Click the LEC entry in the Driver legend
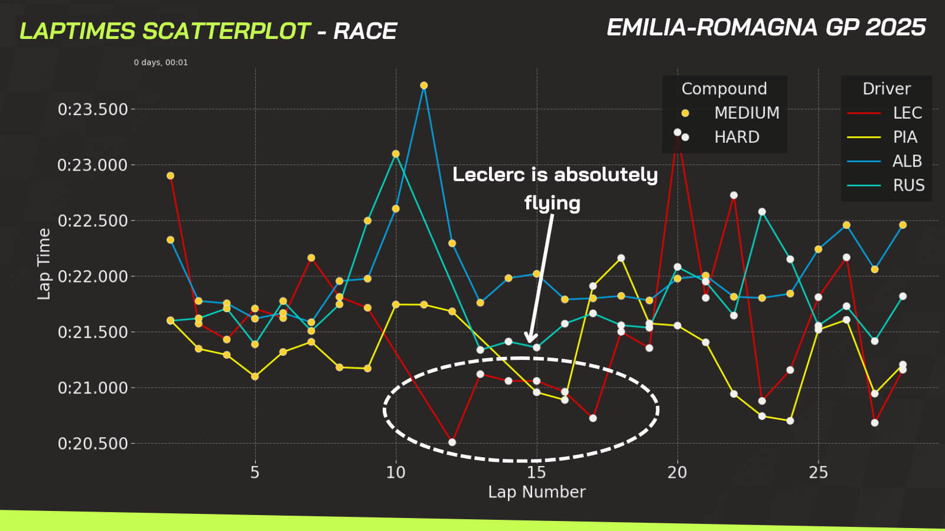907,113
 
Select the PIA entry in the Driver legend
905,137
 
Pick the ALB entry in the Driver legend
907,161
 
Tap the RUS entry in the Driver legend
908,185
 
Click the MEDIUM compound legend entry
747,113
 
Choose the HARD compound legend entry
737,137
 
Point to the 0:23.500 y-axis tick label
93,109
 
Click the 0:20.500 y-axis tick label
93,444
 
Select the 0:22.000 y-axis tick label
93,276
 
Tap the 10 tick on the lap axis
396,473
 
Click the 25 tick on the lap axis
818,473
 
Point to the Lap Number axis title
536,492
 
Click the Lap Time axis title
44,264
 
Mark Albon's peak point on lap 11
424,86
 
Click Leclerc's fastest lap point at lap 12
452,442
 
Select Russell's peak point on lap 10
396,154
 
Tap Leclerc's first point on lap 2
171,176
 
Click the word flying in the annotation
552,203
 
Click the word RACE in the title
365,31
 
